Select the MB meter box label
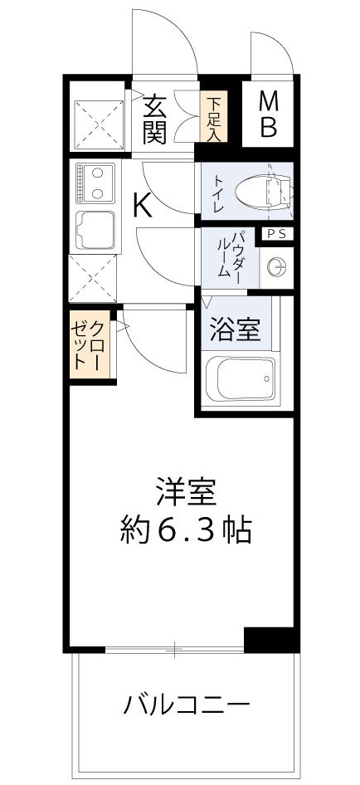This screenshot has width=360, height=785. tap(268, 115)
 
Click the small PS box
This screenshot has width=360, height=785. tap(275, 235)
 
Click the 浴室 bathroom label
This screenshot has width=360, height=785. tap(234, 330)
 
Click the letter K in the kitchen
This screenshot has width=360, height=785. tap(142, 205)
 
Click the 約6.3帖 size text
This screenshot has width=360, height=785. tap(184, 529)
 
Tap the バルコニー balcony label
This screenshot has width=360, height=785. tap(186, 706)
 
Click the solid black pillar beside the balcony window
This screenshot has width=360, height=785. tap(270, 638)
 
